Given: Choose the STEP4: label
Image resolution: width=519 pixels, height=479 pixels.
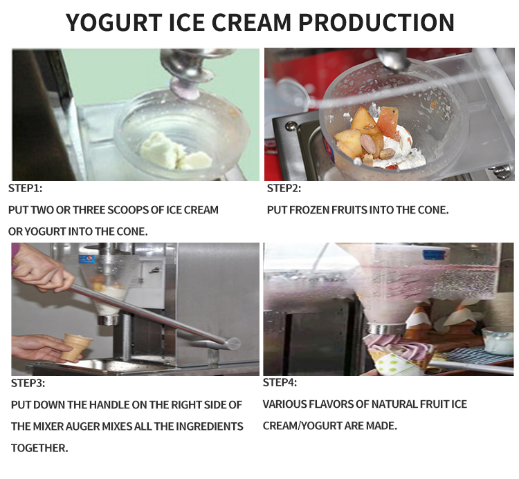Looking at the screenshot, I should point(280,382).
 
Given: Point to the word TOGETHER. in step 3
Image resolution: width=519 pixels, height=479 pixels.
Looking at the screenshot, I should point(39,448).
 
